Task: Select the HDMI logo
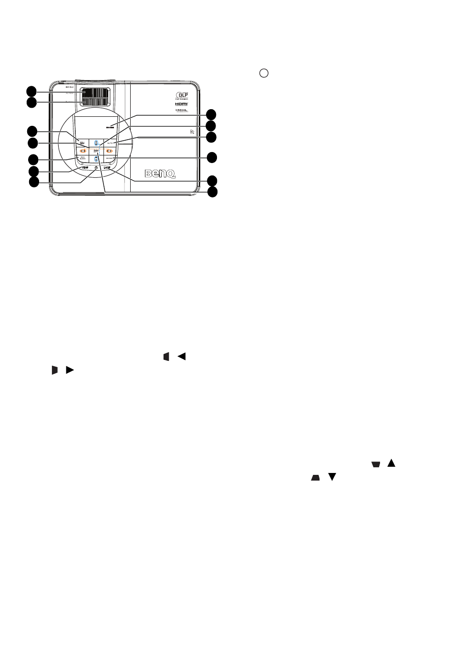(x=182, y=103)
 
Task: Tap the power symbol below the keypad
(x=96, y=167)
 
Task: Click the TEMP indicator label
(x=84, y=168)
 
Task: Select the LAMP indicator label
(x=106, y=168)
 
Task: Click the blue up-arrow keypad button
(x=96, y=143)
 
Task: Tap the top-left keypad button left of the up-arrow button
(x=82, y=143)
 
